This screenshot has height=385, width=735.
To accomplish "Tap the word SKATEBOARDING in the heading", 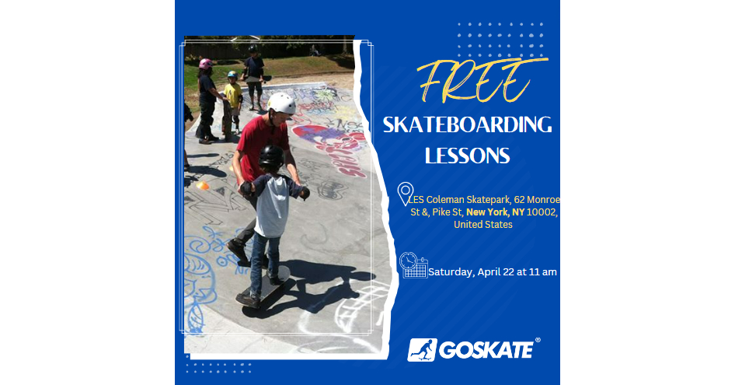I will pos(467,125).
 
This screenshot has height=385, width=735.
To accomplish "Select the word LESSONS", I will pos(467,156).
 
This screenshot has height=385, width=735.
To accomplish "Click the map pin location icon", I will pos(405,193).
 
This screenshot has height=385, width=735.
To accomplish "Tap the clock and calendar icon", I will pos(413,265).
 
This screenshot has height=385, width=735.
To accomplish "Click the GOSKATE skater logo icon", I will pos(422,349).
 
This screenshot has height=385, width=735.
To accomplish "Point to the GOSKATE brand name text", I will pos(486,350).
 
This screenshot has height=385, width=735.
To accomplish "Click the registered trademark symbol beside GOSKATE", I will pos(538,341).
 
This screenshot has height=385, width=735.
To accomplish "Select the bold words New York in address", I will pos(487,212).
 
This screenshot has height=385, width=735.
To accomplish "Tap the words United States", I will pos(482,225).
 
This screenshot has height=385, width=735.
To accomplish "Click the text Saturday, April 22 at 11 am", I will pos(493,272).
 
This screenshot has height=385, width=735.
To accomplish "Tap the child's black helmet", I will pos(271,156).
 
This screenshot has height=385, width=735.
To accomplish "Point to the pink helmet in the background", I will pos(205,64).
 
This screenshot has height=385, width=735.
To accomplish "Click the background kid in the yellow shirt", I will pos(232,94).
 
